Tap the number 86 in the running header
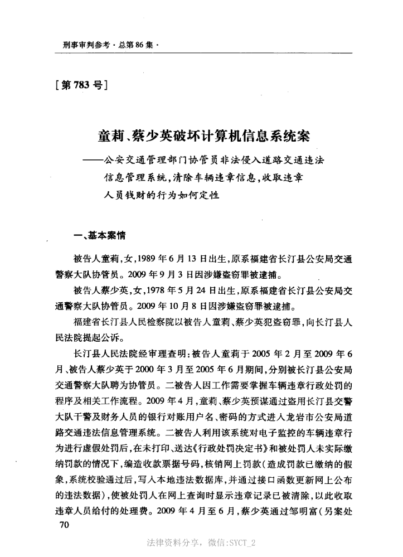(139, 43)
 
